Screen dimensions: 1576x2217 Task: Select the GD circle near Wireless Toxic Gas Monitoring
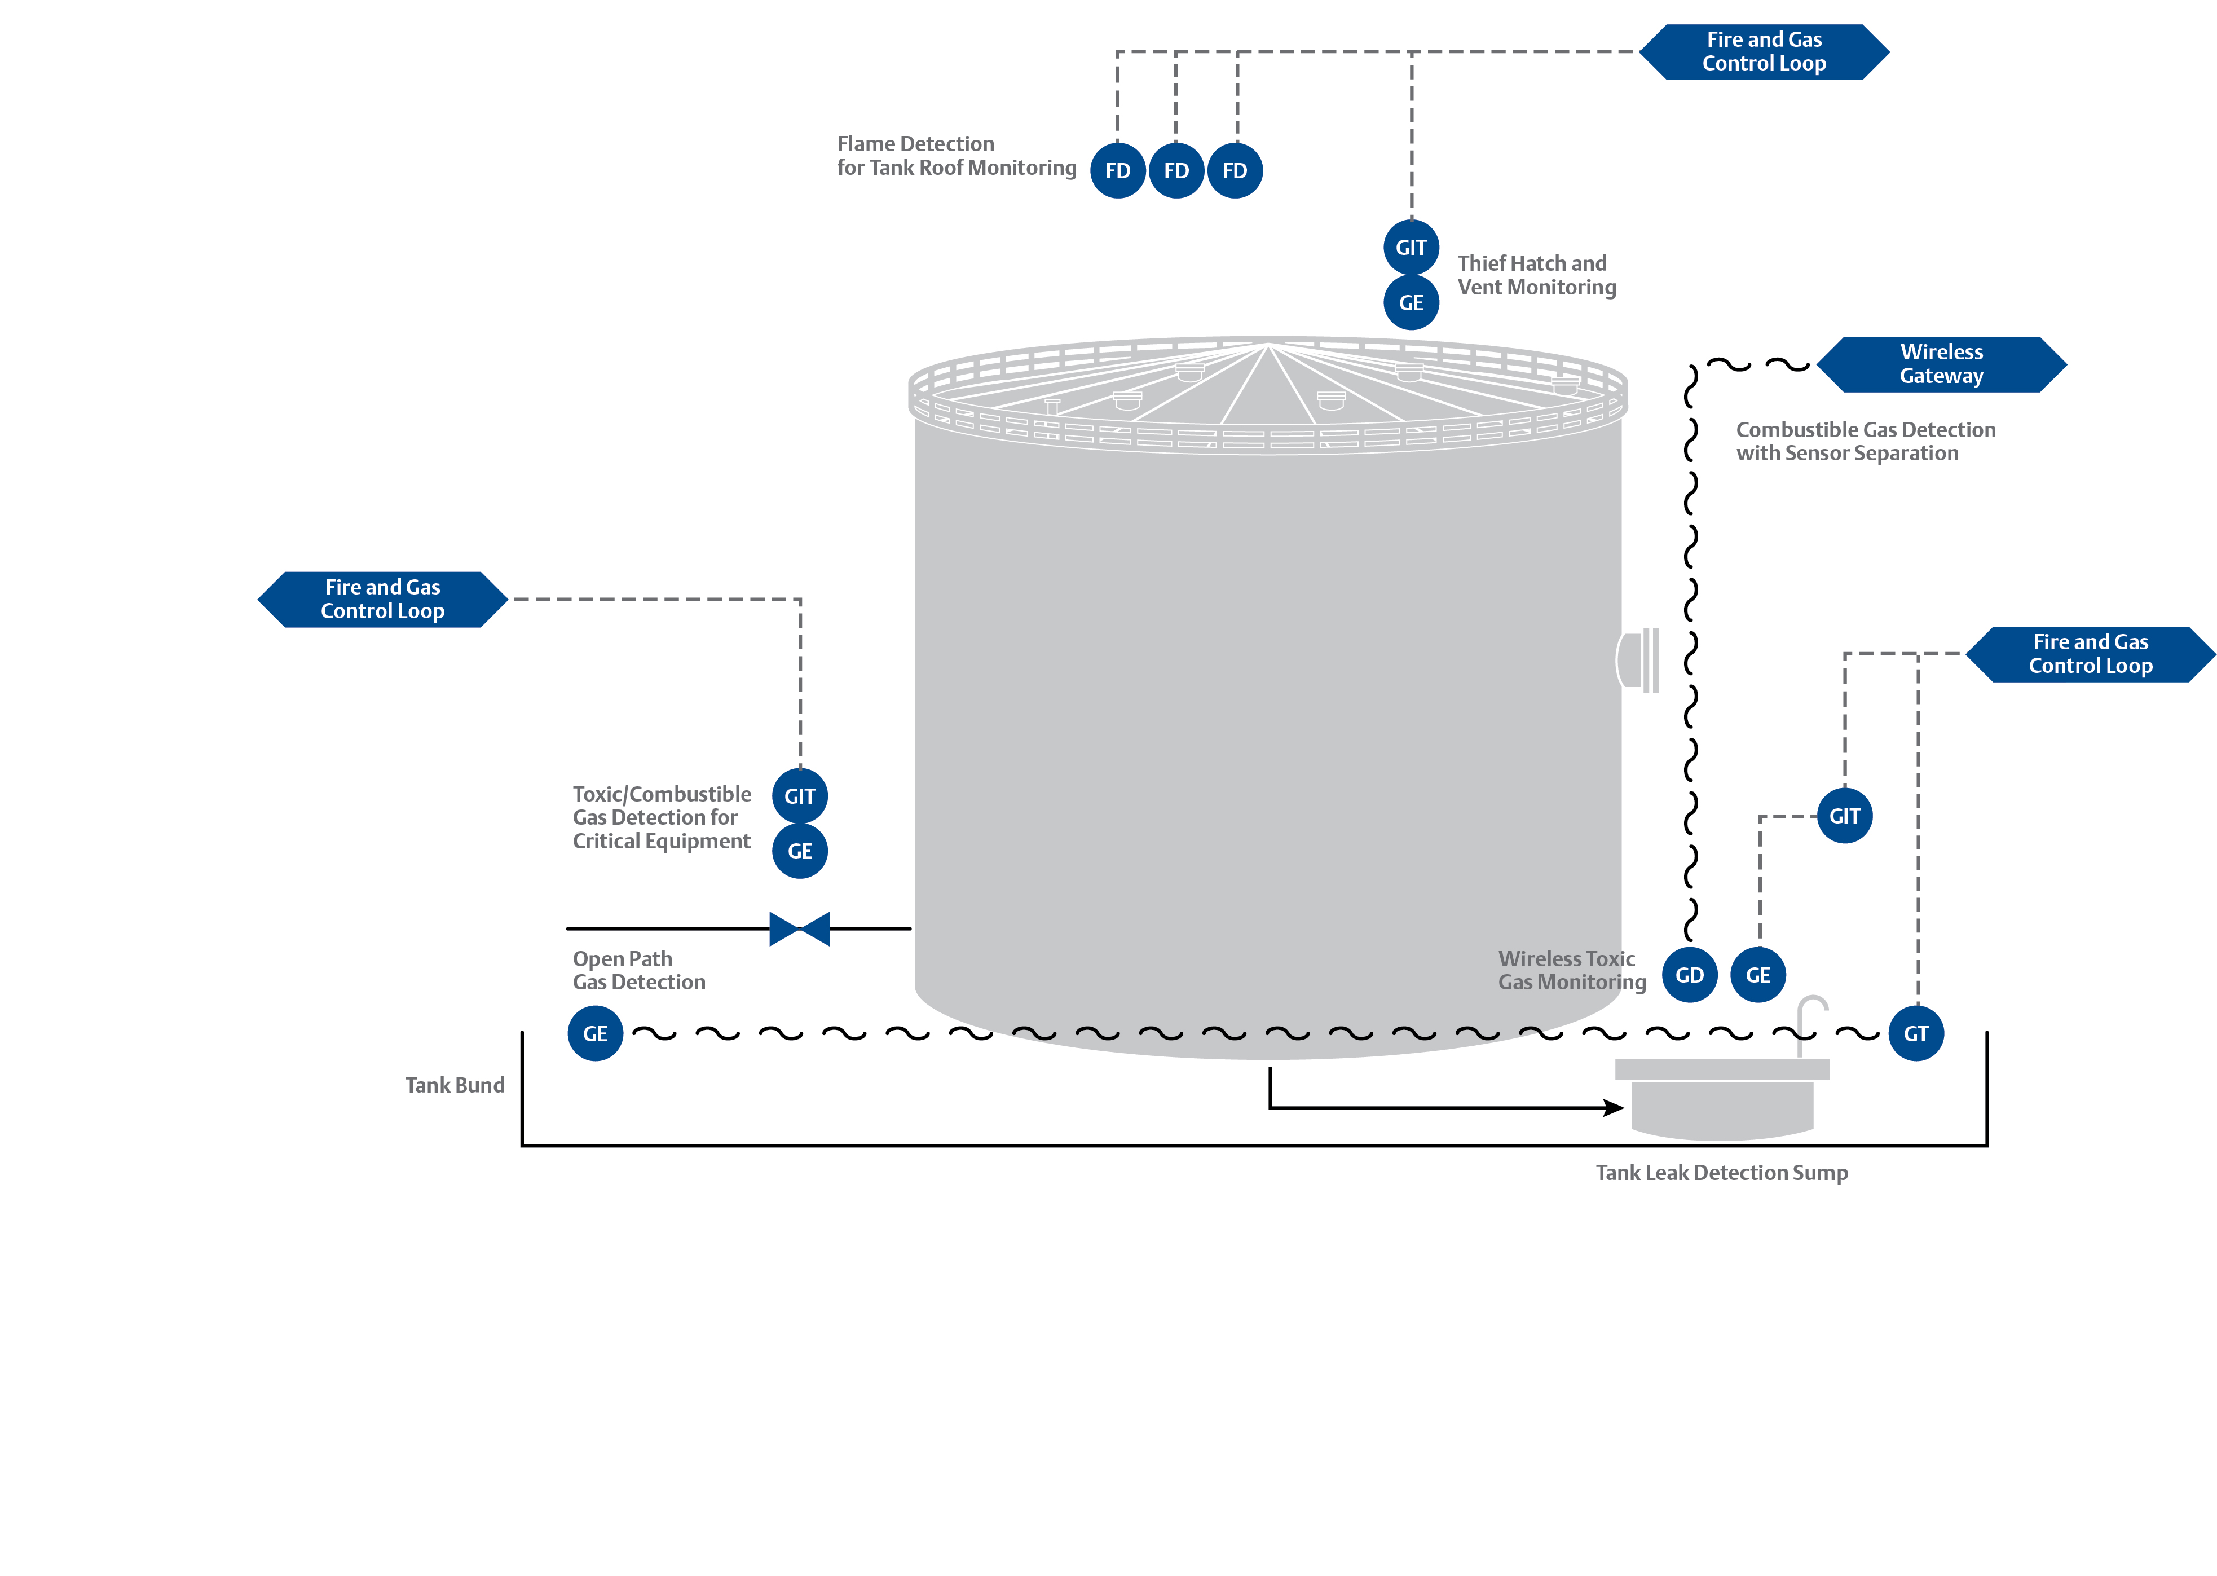1689,975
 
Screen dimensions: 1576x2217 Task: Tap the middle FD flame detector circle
1176,171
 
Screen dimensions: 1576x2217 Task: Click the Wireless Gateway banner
1941,364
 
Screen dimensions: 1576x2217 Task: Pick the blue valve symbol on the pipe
800,928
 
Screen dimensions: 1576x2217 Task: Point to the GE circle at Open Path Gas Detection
595,1033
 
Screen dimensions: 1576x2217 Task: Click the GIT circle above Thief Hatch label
1411,248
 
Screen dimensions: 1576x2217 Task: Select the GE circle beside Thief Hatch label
1411,303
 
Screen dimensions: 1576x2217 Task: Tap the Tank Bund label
455,1085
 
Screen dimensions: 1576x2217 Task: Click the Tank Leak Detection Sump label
1721,1172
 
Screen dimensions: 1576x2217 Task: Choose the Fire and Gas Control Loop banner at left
382,599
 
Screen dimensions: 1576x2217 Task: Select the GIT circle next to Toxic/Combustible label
800,796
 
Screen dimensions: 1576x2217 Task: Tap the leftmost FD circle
1118,171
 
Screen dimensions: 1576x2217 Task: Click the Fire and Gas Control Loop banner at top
1764,51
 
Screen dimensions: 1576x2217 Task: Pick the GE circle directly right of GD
1758,975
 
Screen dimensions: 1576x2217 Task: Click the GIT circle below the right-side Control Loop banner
1844,816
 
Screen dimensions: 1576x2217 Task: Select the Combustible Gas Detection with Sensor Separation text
1865,442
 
